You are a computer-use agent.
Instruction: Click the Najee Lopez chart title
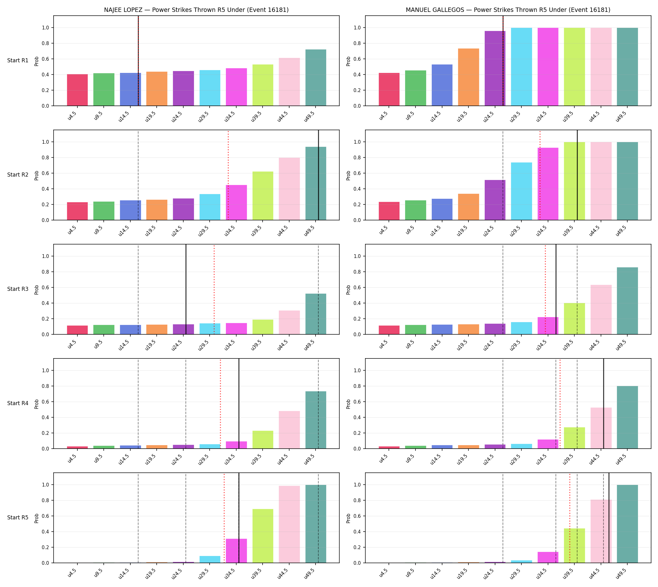tap(196, 10)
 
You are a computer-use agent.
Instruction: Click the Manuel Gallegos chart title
tap(508, 10)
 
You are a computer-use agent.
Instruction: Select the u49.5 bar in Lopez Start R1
tap(316, 78)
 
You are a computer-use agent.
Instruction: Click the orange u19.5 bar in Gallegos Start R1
tap(468, 77)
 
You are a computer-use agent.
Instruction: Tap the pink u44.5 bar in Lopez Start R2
tap(289, 189)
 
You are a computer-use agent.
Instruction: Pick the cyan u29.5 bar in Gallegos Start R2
tap(521, 191)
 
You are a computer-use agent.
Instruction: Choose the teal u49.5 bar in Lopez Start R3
tap(316, 314)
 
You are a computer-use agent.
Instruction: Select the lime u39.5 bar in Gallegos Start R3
tap(574, 319)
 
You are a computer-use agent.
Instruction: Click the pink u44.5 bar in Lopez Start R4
tap(289, 430)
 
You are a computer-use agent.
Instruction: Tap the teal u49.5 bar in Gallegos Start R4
tap(627, 417)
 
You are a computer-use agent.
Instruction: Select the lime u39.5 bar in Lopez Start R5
tap(263, 536)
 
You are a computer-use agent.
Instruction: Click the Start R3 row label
tap(18, 289)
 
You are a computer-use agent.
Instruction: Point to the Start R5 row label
tap(18, 518)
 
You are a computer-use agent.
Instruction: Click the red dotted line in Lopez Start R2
tap(228, 175)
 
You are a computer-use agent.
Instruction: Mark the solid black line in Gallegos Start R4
tap(603, 404)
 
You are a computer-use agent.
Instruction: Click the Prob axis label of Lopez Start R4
tap(36, 404)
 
